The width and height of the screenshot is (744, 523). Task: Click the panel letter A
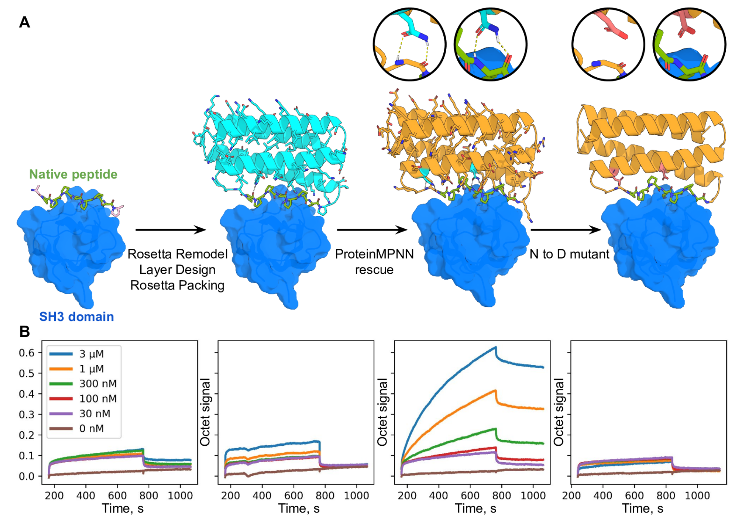click(24, 22)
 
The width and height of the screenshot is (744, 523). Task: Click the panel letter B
click(24, 331)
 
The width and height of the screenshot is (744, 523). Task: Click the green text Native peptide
click(73, 174)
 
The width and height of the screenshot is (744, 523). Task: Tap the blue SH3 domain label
click(76, 317)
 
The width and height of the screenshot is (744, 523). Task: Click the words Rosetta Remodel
click(177, 254)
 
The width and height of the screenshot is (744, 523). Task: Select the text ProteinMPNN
click(374, 254)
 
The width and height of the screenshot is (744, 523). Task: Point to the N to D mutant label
click(569, 254)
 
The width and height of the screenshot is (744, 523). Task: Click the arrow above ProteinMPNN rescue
click(372, 230)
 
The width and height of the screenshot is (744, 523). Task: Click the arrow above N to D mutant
click(565, 230)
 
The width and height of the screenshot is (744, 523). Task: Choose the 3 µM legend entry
click(91, 354)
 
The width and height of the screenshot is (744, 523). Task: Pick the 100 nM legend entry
click(98, 399)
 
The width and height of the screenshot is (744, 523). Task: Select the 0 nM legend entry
click(91, 429)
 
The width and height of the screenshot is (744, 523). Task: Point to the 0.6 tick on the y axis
click(27, 353)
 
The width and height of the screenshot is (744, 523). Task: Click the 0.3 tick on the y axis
click(27, 414)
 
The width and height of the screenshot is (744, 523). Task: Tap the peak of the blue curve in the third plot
click(495, 347)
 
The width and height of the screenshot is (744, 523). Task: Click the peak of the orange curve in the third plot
click(495, 390)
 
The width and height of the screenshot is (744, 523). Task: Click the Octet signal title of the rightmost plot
click(559, 412)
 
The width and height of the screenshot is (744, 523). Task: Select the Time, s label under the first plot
click(123, 508)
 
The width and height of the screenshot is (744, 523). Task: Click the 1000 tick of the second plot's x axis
click(356, 495)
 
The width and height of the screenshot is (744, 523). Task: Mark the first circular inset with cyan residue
click(410, 44)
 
